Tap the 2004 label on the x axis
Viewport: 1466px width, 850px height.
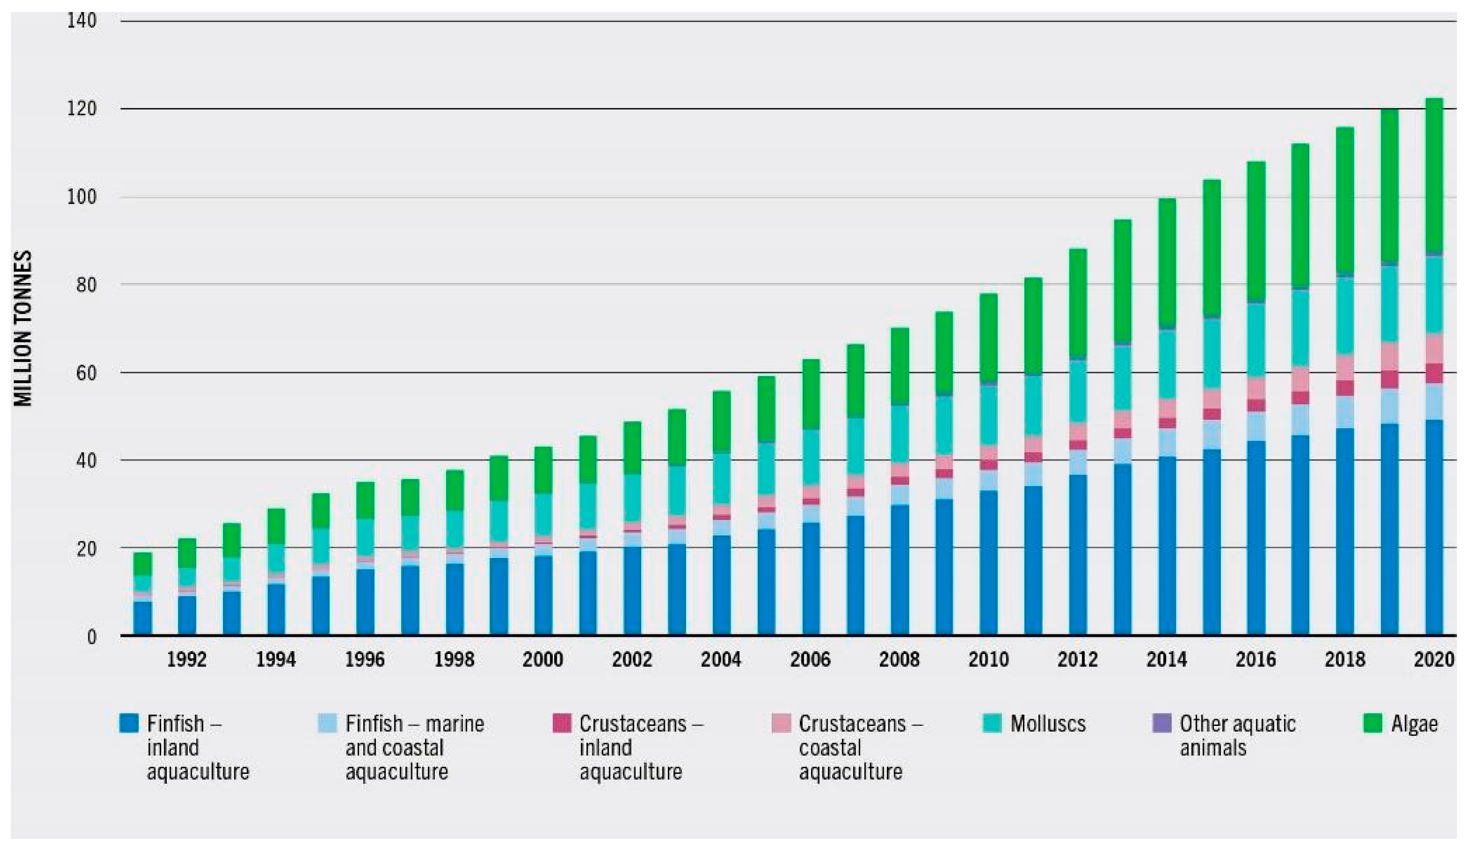[x=721, y=659]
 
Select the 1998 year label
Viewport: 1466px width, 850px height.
[x=454, y=659]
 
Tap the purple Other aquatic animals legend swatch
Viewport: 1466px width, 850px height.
[x=1161, y=723]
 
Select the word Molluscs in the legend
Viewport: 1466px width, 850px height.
[x=1048, y=724]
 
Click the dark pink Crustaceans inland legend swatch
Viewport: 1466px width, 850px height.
[x=561, y=723]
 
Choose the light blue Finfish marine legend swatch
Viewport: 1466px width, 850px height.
[x=328, y=723]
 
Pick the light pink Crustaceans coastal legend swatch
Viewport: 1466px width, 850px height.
[x=781, y=723]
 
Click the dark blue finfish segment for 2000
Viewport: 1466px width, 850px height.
[x=543, y=596]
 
